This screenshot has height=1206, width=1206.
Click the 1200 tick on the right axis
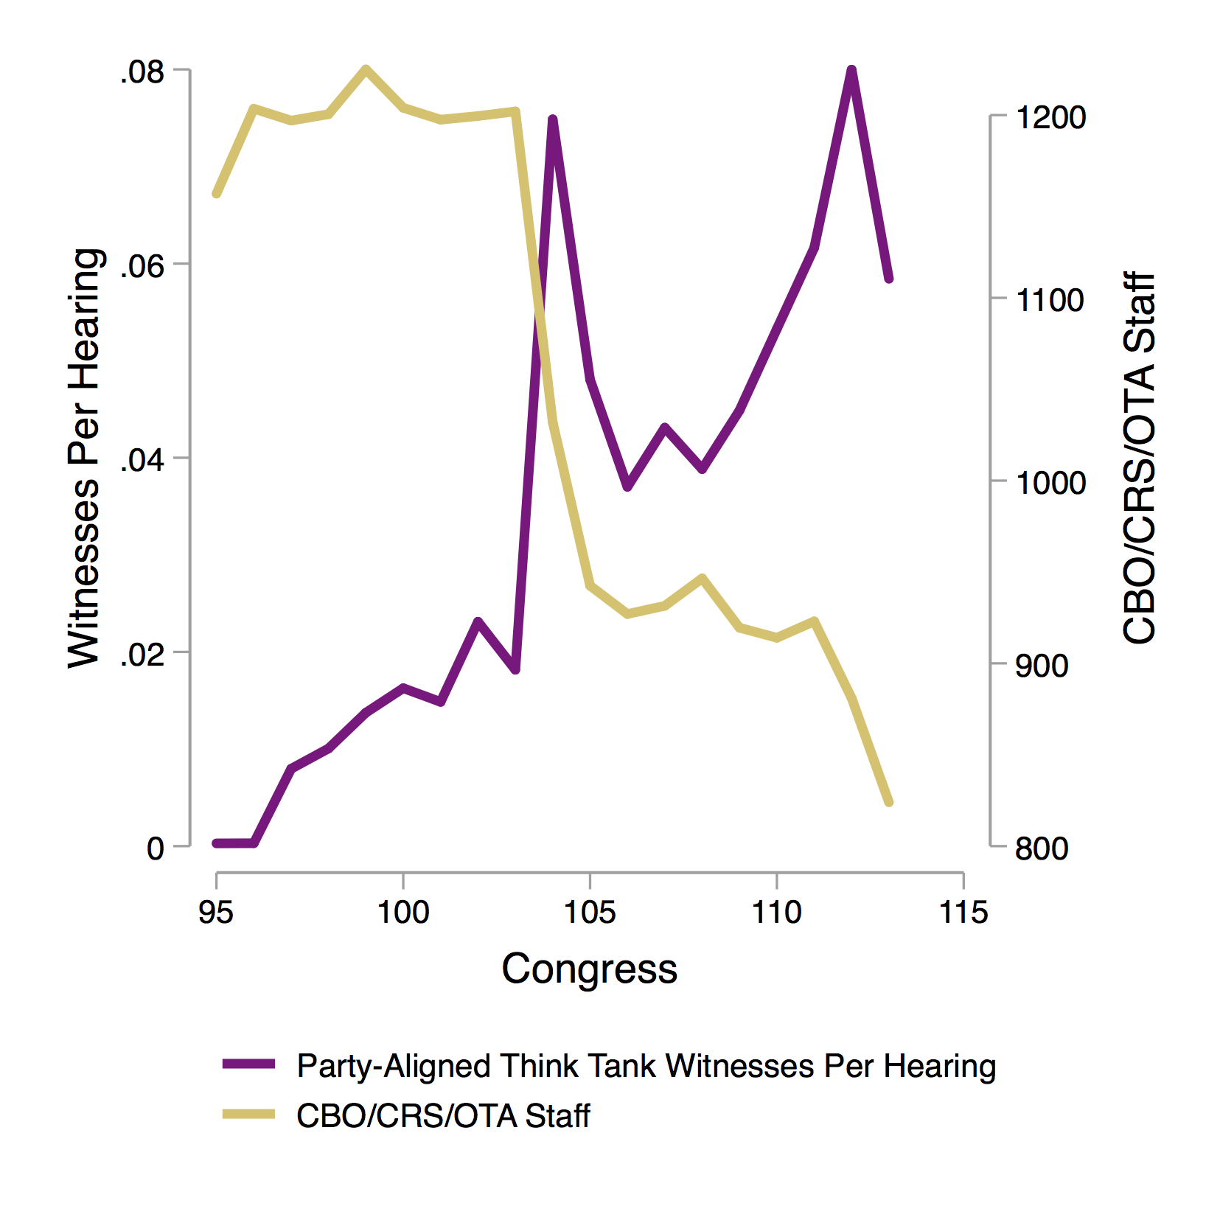click(1050, 117)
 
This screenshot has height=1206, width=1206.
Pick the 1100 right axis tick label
click(1050, 300)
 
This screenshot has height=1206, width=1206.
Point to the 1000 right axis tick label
click(1050, 483)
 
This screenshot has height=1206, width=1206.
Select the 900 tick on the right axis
click(1041, 666)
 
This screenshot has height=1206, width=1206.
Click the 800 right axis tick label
click(1041, 848)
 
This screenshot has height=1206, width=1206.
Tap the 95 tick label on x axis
click(216, 913)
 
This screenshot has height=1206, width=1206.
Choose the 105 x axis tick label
click(590, 913)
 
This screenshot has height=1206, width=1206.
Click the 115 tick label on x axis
click(963, 913)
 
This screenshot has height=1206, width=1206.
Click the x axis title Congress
click(589, 969)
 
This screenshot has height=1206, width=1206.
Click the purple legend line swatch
click(249, 1064)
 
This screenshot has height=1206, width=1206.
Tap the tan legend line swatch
click(249, 1115)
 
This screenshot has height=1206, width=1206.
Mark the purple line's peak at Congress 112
click(851, 70)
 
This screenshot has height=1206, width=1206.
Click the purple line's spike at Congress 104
click(552, 119)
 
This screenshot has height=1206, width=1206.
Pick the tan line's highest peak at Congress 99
click(366, 69)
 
